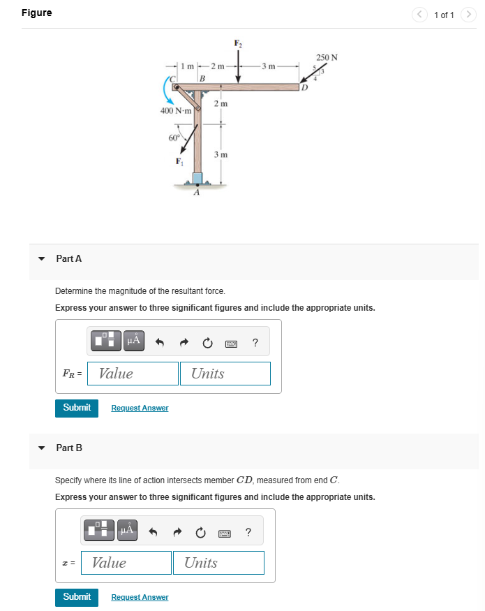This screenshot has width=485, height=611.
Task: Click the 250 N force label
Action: pyautogui.click(x=327, y=57)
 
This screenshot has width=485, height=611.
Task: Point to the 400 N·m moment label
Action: pyautogui.click(x=176, y=112)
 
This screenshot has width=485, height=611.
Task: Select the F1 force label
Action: pyautogui.click(x=180, y=163)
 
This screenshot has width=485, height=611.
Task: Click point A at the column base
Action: pyautogui.click(x=197, y=193)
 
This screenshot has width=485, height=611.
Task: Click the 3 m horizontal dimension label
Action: pyautogui.click(x=269, y=66)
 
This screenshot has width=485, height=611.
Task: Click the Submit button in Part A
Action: pyautogui.click(x=77, y=407)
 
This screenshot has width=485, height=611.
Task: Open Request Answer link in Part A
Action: pyautogui.click(x=140, y=408)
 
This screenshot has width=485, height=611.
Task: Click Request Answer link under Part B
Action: pyautogui.click(x=140, y=597)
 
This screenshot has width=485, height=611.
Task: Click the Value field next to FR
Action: pyautogui.click(x=133, y=374)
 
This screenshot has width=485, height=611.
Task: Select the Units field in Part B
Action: pyautogui.click(x=218, y=563)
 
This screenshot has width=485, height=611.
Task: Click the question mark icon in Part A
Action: pyautogui.click(x=255, y=342)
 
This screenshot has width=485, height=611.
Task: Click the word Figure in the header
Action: pyautogui.click(x=36, y=13)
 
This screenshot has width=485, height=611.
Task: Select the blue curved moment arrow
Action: pyautogui.click(x=170, y=91)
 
